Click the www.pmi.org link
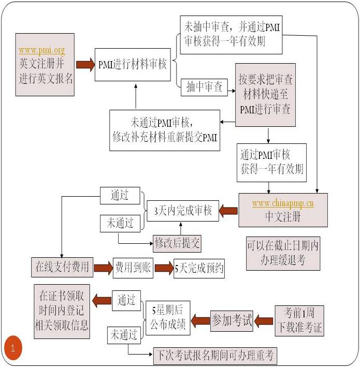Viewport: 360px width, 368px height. tap(41, 51)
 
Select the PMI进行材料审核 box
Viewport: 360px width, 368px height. tap(133, 65)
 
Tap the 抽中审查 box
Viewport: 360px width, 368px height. tap(204, 87)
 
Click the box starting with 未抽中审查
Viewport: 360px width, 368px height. tap(231, 35)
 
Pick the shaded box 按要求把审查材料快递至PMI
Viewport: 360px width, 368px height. tap(265, 95)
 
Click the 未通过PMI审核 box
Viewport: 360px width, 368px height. tap(165, 130)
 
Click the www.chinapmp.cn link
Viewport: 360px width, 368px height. tap(283, 203)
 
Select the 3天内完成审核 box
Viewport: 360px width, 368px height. tap(183, 211)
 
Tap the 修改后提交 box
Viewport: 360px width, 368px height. tap(177, 243)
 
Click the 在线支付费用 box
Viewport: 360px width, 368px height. tap(62, 268)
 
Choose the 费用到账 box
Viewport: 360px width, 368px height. tap(133, 268)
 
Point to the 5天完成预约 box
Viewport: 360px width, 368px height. tap(199, 268)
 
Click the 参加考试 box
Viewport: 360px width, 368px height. tap(232, 321)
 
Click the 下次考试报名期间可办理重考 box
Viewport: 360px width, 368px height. tap(215, 356)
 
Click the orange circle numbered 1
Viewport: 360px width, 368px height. tap(13, 348)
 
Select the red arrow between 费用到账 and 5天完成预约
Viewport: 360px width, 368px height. tap(164, 268)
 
